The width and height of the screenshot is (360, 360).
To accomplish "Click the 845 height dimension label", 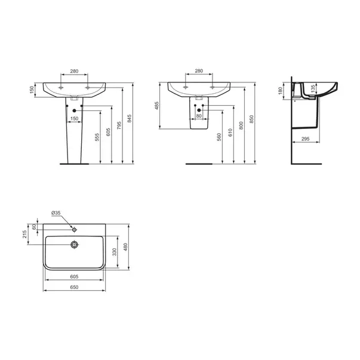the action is (130, 118).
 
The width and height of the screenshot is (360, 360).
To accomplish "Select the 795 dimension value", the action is (119, 125).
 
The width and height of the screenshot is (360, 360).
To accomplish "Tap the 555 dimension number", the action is (97, 137).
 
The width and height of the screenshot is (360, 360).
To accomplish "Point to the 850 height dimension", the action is (251, 119).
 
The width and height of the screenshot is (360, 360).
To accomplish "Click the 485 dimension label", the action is (157, 106).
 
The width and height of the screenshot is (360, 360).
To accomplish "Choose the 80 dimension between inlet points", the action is (199, 116).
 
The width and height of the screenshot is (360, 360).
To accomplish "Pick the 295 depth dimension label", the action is (305, 139).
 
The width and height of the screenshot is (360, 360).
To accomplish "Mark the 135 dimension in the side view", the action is (313, 88).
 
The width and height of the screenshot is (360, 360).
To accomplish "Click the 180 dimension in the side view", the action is (280, 91).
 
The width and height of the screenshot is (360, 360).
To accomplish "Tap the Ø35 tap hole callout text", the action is (56, 213).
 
